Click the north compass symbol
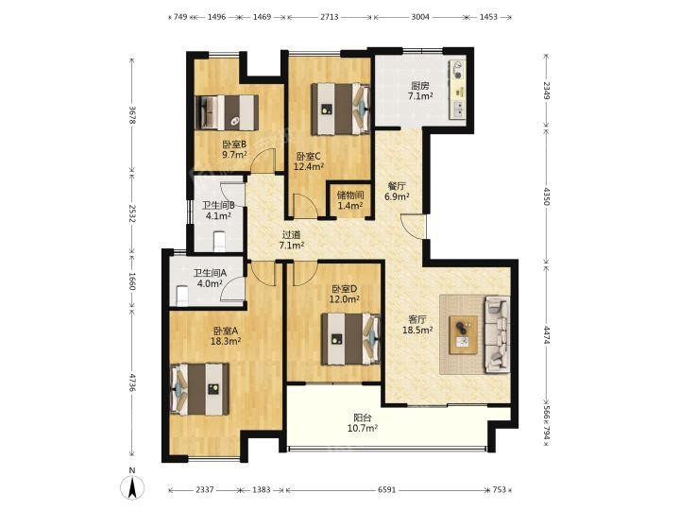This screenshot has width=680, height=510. tap(132, 484)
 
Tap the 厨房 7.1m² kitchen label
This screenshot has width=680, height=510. tap(419, 91)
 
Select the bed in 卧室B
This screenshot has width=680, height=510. tap(227, 112)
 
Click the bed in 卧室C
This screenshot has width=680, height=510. tap(341, 109)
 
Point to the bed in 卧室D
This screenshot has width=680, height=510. tap(350, 339)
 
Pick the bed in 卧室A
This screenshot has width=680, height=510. tap(199, 389)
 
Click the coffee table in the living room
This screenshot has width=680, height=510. tap(463, 334)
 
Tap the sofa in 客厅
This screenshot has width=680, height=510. tap(497, 334)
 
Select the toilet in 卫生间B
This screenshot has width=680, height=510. tap(219, 241)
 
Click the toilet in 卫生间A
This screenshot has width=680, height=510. tap(182, 296)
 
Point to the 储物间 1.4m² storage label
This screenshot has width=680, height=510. tap(350, 200)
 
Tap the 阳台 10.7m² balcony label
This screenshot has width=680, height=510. tap(362, 423)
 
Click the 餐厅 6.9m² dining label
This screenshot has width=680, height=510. tap(398, 191)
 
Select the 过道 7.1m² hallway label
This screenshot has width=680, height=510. tap(291, 240)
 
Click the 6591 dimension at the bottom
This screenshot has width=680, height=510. tap(386, 489)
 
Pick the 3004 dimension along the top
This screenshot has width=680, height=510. tap(419, 17)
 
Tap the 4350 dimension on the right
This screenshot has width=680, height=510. tap(546, 195)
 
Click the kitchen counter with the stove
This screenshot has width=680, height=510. tap(458, 90)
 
